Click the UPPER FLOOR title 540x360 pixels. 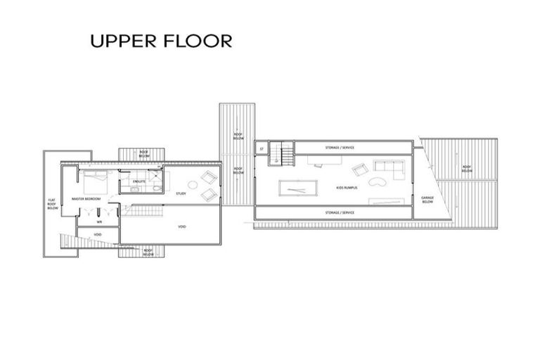point(160,41)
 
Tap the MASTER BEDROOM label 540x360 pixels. point(86,199)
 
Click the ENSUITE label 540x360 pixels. point(139,181)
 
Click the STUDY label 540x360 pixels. point(181,193)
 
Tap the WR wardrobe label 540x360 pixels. point(99,221)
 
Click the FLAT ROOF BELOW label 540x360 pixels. point(52,204)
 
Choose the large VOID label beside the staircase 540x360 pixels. point(181,226)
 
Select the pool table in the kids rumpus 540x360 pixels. point(296,188)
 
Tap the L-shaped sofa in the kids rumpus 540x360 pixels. point(388,168)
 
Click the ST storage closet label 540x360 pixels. point(261,148)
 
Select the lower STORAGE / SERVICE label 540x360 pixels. point(340,212)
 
